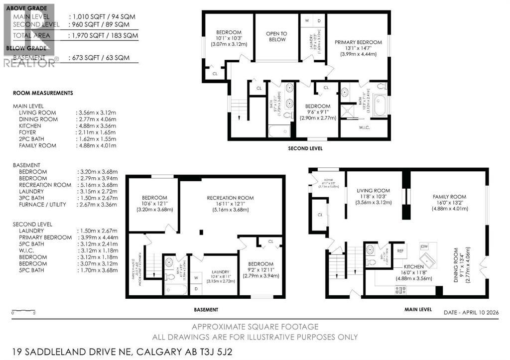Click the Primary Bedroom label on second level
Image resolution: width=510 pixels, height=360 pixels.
[358, 42]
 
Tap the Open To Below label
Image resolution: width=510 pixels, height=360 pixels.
[276, 36]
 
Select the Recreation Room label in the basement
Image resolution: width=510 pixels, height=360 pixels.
[230, 198]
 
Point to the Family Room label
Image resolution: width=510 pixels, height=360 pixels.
[449, 197]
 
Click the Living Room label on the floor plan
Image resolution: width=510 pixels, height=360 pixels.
[373, 190]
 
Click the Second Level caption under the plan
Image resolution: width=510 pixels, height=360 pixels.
[305, 148]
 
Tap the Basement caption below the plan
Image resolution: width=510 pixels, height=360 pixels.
[206, 309]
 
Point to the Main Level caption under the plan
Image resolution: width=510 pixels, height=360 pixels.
[418, 309]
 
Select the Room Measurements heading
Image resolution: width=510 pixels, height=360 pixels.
[43, 93]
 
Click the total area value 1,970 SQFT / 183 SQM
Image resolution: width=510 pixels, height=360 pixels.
[103, 36]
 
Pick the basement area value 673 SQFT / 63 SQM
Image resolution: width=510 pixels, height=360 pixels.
[99, 58]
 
